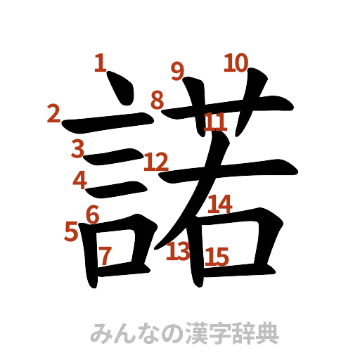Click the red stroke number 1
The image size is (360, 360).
[x=100, y=65]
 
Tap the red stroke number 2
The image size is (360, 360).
[x=53, y=113]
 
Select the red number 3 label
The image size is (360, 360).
[x=77, y=148]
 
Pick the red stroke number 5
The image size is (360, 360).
[x=70, y=230]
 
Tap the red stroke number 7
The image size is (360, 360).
[x=105, y=256]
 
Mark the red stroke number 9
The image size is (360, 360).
[x=178, y=70]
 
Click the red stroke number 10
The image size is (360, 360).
[x=236, y=64]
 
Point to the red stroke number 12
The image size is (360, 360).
[x=155, y=163]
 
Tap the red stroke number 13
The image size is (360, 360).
[x=178, y=250]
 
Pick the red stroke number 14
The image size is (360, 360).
[x=219, y=204]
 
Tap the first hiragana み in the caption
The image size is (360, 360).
[x=103, y=333]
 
